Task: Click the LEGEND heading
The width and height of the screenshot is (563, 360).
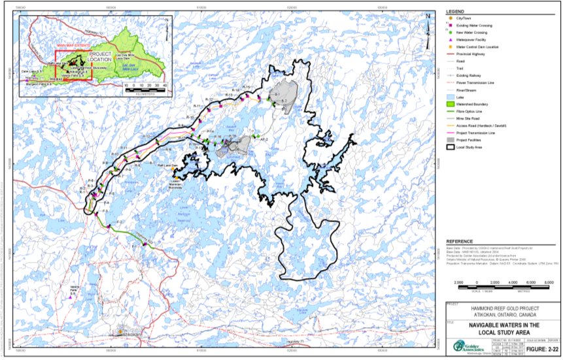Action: (455, 12)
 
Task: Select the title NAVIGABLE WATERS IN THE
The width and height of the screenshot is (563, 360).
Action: (503, 324)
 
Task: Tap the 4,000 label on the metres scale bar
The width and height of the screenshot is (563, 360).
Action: (511, 282)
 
